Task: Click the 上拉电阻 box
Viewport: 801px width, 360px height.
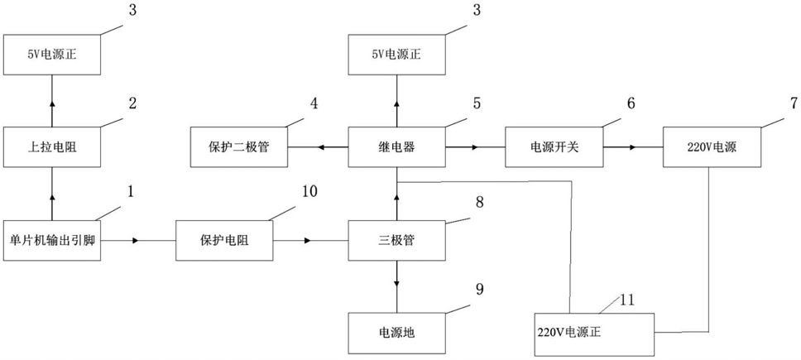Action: (51, 147)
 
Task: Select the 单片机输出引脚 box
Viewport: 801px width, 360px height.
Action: (51, 241)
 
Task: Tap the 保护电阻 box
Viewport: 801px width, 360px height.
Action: (223, 241)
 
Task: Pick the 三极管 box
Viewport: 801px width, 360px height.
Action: (396, 241)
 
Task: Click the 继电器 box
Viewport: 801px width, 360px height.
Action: (396, 147)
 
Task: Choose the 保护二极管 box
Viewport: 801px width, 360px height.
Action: (239, 147)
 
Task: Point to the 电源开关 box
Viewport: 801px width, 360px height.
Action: (554, 147)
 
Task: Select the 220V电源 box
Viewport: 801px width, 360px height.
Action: (712, 147)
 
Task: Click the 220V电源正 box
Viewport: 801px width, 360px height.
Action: (594, 334)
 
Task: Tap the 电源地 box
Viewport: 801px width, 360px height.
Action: (396, 333)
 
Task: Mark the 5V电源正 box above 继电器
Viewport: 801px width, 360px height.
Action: (396, 54)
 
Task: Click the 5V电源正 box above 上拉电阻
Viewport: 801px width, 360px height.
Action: (51, 54)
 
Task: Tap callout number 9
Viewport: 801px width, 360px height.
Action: (478, 290)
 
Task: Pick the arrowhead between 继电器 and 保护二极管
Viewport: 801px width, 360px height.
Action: (321, 147)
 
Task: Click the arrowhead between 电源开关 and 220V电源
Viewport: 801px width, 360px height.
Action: (633, 147)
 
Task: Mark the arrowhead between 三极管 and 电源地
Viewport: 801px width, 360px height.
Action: (397, 283)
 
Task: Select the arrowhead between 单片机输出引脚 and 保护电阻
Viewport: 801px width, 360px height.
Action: (136, 241)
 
